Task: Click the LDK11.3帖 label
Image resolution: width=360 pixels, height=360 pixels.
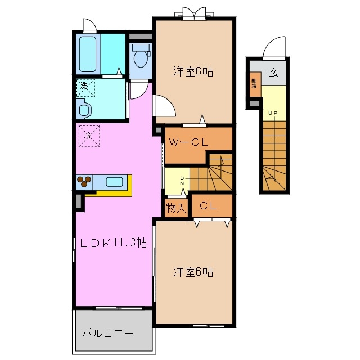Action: (113, 243)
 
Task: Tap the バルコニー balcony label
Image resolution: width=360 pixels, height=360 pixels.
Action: (109, 334)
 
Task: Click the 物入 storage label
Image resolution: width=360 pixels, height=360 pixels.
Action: (175, 207)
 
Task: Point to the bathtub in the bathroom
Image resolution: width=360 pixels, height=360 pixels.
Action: (89, 52)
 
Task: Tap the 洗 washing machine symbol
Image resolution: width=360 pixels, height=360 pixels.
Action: (85, 87)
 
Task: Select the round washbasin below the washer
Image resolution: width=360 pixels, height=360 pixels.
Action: (85, 109)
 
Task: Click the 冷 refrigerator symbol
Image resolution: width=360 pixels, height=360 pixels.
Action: (88, 136)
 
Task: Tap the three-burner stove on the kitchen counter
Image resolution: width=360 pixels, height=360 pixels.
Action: (84, 182)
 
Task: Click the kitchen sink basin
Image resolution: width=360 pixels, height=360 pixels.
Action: (115, 182)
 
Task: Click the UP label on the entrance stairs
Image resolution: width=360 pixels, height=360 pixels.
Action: (272, 114)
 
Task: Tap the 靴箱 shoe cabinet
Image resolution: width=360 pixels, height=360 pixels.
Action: (255, 84)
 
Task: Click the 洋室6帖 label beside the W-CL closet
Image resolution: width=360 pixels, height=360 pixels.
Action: (192, 72)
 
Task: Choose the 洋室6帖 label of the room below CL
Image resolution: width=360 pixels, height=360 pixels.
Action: (192, 272)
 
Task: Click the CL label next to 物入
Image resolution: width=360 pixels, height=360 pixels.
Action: (209, 206)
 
